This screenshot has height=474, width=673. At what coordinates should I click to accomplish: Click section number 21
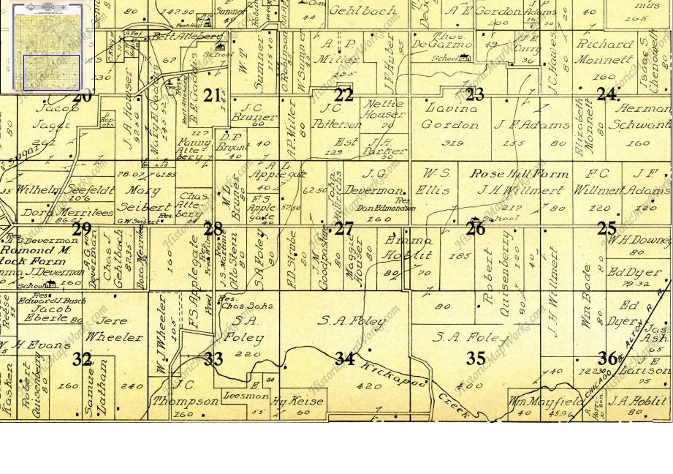coord(213,95)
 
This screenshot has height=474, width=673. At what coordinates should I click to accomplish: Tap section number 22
coord(343,95)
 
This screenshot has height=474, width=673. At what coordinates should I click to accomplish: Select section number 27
coord(343,229)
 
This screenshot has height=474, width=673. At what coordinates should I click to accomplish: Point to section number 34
coord(344,358)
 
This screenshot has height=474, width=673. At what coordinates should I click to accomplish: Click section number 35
coord(476,358)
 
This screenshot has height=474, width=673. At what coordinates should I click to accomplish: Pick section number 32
coord(83,359)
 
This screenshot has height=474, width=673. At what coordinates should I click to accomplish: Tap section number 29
coord(82,229)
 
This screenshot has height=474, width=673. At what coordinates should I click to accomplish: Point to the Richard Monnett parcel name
coord(605,52)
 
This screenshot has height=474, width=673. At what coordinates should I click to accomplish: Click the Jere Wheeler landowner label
coord(114,329)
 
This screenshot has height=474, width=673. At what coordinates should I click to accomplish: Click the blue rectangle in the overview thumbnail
coord(51,72)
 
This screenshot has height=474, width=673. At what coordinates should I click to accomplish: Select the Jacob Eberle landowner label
coord(50,315)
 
